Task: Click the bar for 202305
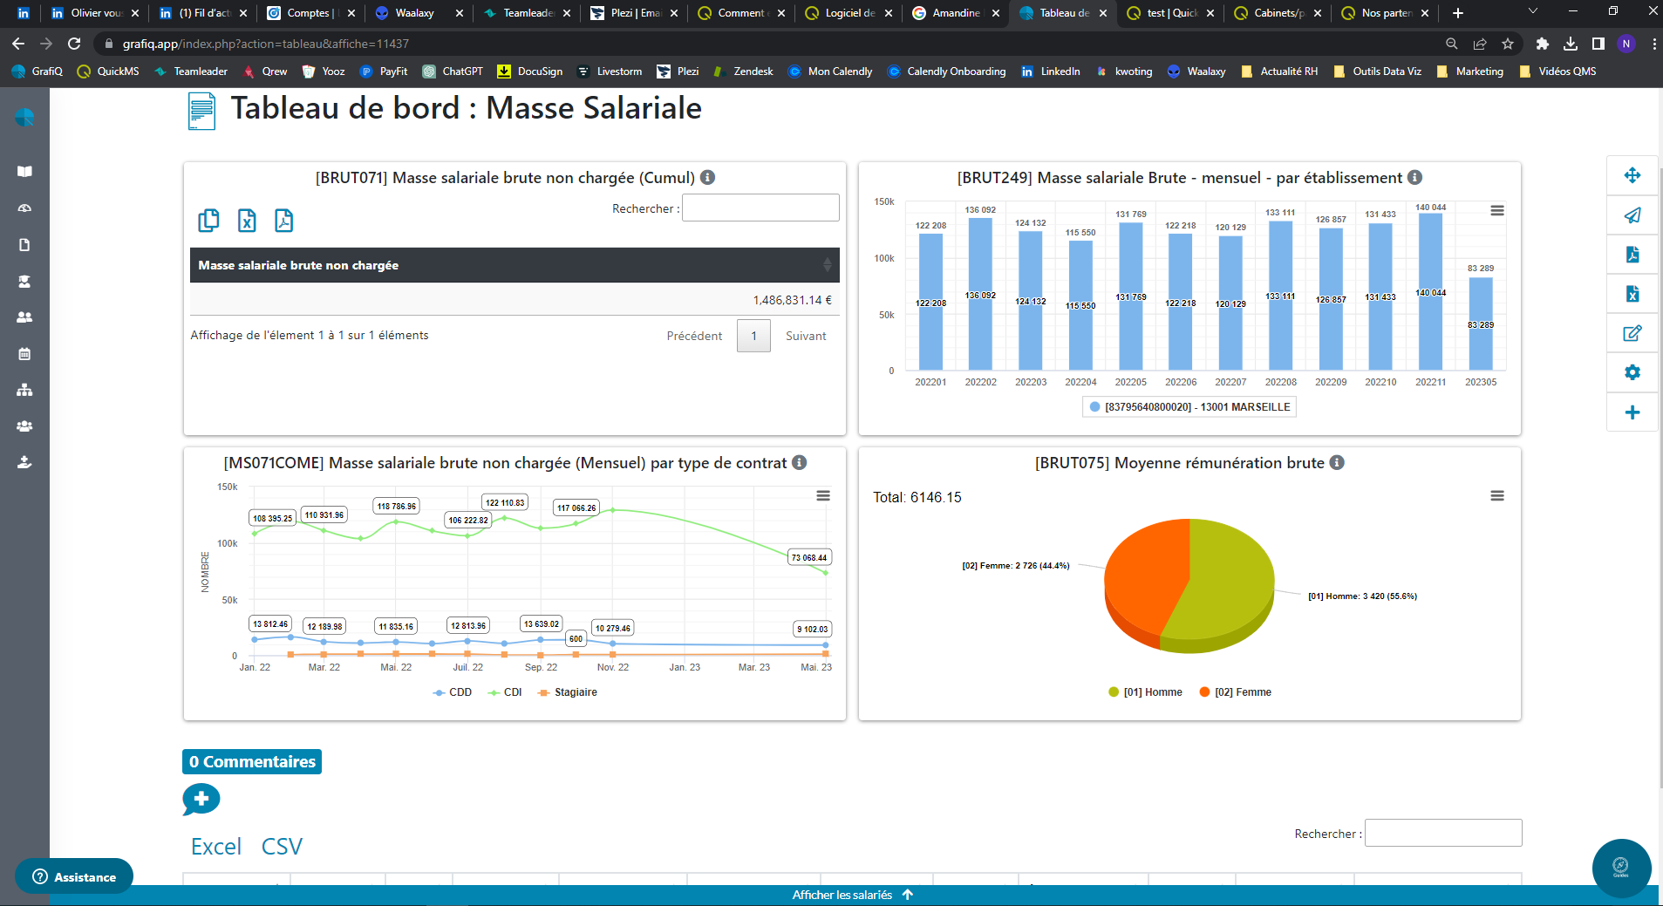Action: pos(1480,324)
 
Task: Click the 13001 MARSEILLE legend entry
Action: pos(1190,407)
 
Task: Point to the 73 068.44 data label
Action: pos(808,557)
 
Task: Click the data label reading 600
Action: pos(576,638)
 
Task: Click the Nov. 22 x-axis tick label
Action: pos(612,667)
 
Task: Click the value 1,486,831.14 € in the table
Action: pos(792,300)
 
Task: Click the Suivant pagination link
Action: pos(805,336)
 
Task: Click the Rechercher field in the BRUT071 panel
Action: pos(760,208)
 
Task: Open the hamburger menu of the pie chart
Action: pos(1496,495)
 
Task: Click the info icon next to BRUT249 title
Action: pos(1414,177)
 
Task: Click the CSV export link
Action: pos(282,847)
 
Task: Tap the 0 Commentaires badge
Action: pos(252,761)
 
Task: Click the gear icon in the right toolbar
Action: pos(1632,372)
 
